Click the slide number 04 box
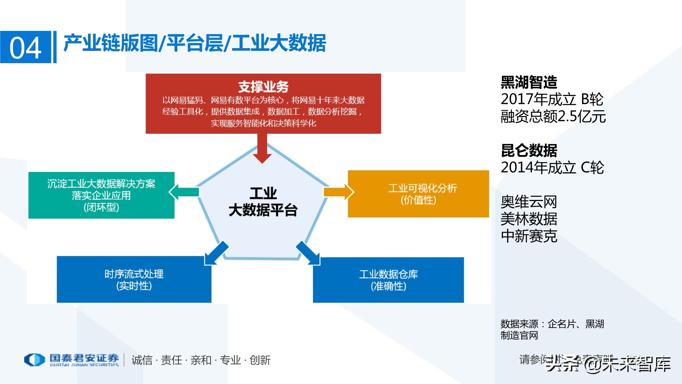26,47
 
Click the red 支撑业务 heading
263,87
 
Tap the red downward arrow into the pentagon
262,148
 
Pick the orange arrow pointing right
339,192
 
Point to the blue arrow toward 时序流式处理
216,253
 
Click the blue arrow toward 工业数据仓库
308,253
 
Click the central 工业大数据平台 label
263,202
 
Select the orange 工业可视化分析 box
418,194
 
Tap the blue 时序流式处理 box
134,280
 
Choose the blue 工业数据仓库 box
388,280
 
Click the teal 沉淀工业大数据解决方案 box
101,195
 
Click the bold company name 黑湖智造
529,82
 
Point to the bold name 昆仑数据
529,151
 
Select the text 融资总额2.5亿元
553,116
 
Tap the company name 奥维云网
529,202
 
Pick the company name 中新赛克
529,236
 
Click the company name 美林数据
529,219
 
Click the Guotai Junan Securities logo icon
34,359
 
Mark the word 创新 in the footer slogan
260,360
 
